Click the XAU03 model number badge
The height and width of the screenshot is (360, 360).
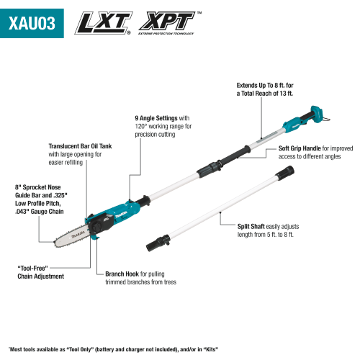(x=33, y=22)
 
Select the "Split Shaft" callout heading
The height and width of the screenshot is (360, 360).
(x=254, y=225)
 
